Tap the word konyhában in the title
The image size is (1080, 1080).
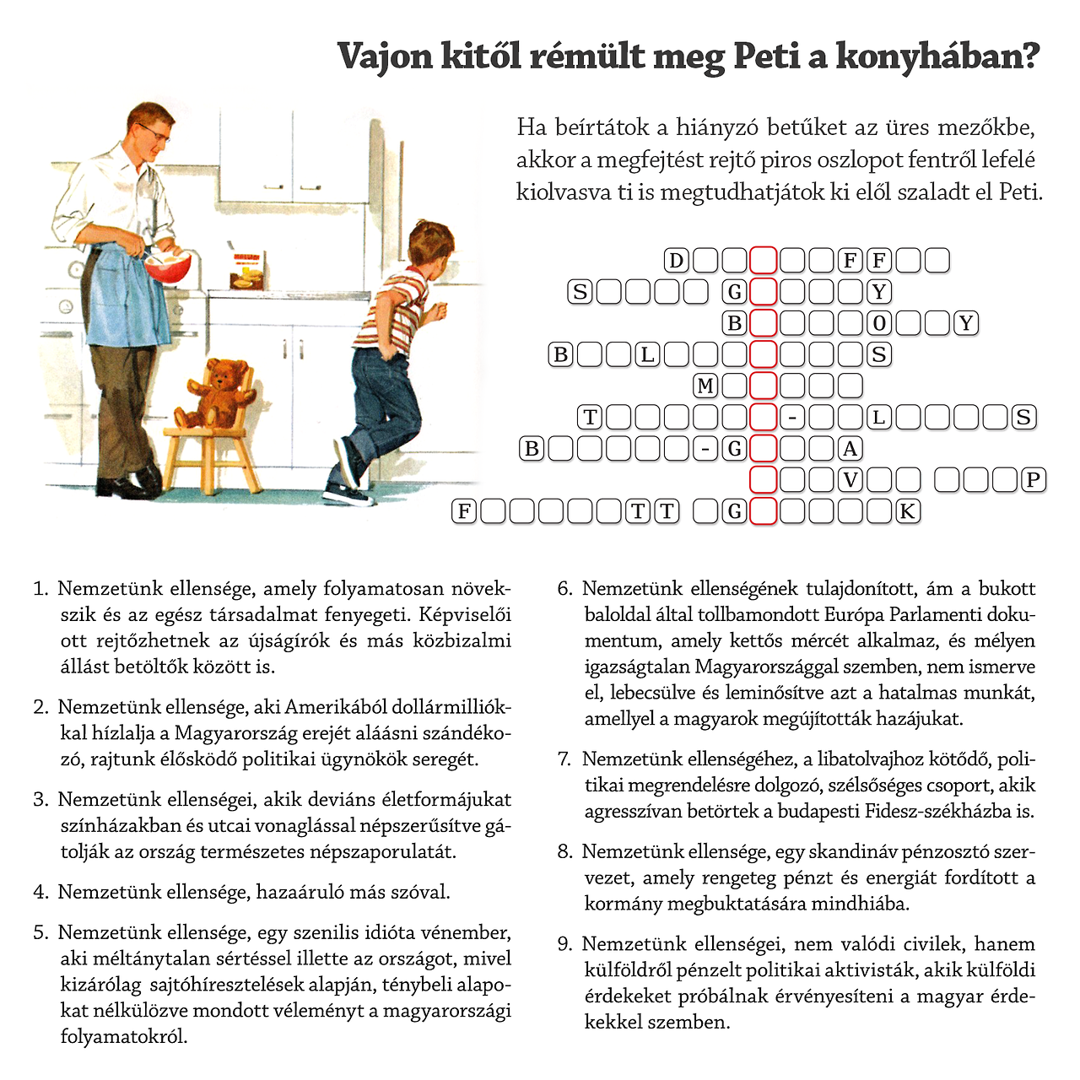[x=937, y=57]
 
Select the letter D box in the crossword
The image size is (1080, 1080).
[x=676, y=261]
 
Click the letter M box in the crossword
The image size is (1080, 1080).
[x=705, y=386]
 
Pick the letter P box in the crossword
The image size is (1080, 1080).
[x=1033, y=480]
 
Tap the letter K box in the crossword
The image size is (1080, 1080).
[x=908, y=511]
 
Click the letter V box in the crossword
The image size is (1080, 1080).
[x=850, y=480]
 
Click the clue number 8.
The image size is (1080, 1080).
[x=564, y=851]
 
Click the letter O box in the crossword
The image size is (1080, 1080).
[x=879, y=323]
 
